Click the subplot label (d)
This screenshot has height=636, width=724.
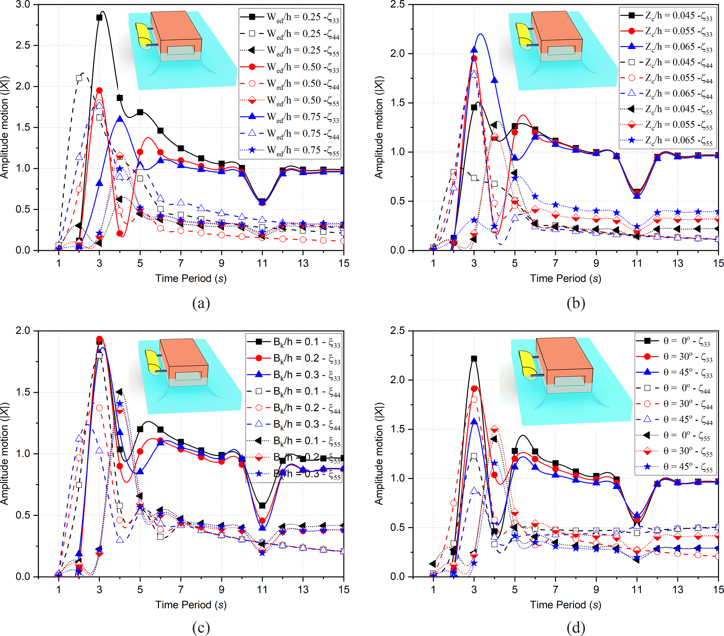[576, 628]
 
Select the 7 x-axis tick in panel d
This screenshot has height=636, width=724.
[555, 590]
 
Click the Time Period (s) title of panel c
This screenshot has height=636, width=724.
[191, 604]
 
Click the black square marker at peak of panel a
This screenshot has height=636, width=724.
[100, 17]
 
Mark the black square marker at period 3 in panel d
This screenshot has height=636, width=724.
[474, 359]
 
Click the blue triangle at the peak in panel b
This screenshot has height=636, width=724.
[474, 50]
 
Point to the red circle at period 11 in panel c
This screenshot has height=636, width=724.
[262, 521]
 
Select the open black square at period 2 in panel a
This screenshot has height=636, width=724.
[79, 78]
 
